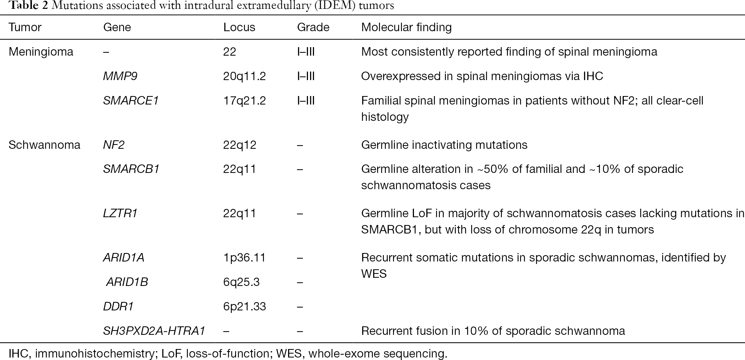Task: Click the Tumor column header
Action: click(25, 27)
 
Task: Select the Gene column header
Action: click(117, 27)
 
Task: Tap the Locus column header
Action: click(239, 27)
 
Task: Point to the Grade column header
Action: click(313, 27)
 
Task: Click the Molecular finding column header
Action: click(407, 27)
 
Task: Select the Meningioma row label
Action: click(41, 52)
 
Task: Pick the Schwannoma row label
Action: click(44, 145)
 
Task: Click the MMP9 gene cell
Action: click(120, 76)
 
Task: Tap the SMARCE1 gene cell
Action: click(131, 101)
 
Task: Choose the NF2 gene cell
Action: click(114, 145)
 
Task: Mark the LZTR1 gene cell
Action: click(120, 213)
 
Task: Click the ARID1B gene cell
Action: click(127, 282)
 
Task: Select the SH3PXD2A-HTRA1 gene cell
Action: click(154, 331)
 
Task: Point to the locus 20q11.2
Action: click(245, 76)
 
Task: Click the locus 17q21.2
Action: click(245, 101)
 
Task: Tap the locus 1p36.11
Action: click(245, 258)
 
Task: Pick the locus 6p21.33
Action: click(245, 306)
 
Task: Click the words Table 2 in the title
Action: click(28, 6)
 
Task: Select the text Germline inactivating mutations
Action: click(444, 145)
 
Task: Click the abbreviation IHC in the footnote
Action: click(20, 354)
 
